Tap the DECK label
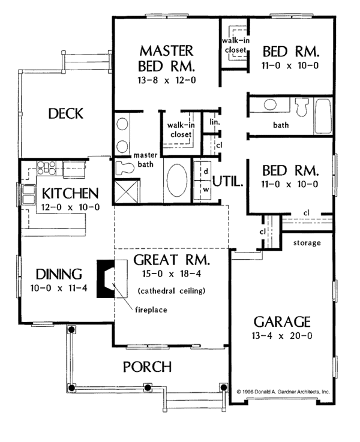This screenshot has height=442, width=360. point(65,113)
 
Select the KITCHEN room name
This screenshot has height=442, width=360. point(70,194)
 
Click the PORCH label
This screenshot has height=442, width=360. point(147,366)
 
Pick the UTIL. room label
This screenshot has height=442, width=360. point(228,181)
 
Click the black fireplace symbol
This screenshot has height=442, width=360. point(105,278)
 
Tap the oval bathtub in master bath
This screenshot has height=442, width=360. point(175,180)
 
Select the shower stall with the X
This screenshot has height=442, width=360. point(127,193)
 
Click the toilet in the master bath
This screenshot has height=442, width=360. point(125,167)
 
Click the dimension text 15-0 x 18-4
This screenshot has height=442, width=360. point(171,275)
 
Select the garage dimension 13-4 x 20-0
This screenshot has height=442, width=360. point(281,335)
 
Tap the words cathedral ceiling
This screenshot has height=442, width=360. point(172,291)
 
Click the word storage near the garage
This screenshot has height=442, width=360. point(307,243)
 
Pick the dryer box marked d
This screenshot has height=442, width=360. point(205,171)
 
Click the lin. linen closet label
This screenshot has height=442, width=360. point(214,122)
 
